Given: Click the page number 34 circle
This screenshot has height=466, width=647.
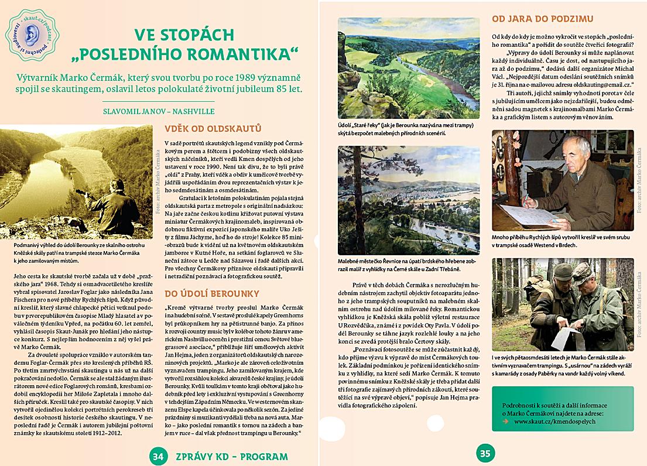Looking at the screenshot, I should click(156, 455).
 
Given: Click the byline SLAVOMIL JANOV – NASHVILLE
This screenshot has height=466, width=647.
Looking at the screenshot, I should click(158, 111).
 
